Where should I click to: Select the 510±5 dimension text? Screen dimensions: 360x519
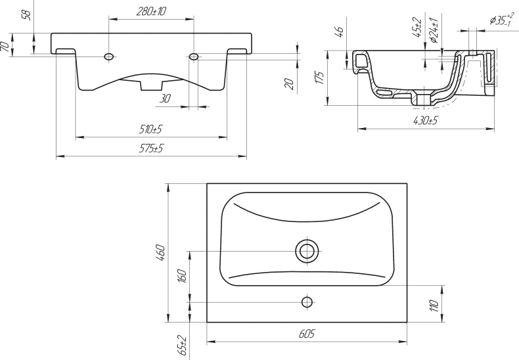tap(151, 129)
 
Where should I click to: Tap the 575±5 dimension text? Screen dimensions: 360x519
tap(151, 149)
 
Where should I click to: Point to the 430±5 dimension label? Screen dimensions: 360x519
tap(426, 120)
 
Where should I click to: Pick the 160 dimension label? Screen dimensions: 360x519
tap(182, 276)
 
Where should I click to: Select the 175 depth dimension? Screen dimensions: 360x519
tap(320, 78)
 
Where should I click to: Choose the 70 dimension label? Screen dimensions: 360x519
tap(5, 47)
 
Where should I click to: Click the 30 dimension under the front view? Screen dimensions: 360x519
tap(164, 98)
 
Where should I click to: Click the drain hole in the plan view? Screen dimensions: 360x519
tap(306, 250)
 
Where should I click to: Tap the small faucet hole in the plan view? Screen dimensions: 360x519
tap(306, 302)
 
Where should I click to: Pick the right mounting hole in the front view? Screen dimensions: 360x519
tap(194, 58)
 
